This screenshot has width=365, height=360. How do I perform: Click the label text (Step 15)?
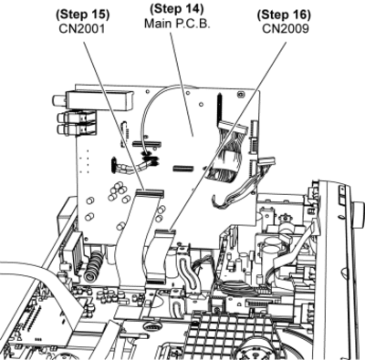coord(83,15)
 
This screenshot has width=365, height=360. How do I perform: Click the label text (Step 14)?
coord(177,9)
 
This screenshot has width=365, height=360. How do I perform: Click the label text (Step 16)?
coord(284,15)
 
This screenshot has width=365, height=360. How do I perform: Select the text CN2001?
coord(82,29)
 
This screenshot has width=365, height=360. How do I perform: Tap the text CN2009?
coord(286,29)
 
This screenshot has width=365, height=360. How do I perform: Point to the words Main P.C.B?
coord(177,24)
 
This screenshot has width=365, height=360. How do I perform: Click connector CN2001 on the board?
coord(150,193)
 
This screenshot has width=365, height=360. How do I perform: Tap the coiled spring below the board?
coord(94,264)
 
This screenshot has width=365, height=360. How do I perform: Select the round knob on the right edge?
coord(358,213)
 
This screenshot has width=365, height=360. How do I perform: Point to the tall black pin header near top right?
coord(219,108)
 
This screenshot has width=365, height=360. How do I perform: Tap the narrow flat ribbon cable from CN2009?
coord(157,258)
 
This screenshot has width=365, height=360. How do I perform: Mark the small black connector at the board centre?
coord(183,169)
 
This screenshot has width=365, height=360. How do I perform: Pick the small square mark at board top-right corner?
coord(240,95)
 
